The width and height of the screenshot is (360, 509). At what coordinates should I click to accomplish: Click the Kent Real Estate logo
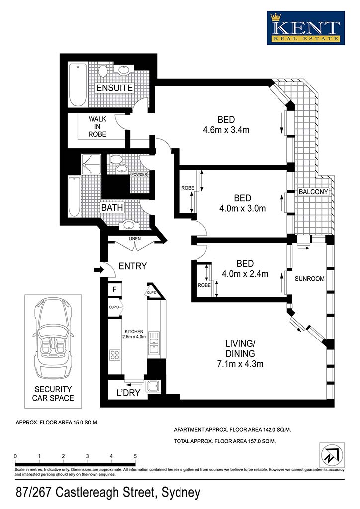[305, 28]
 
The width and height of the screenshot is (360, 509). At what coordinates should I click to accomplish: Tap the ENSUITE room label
[114, 87]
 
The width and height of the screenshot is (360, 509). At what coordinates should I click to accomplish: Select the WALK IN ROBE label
[97, 127]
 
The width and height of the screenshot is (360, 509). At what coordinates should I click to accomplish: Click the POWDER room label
[139, 175]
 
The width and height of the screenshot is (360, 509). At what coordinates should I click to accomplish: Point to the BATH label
[112, 207]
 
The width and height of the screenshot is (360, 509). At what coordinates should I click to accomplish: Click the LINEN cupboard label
[135, 238]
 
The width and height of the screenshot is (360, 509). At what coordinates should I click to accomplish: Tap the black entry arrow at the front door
[98, 269]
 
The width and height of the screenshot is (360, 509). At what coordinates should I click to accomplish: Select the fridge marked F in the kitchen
[114, 290]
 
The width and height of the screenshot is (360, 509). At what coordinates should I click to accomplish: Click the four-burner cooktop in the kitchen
[114, 354]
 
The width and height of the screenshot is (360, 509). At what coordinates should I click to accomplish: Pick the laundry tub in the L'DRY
[153, 386]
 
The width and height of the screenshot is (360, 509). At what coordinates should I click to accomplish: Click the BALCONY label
[313, 192]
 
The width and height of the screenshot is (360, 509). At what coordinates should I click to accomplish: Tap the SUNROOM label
[309, 278]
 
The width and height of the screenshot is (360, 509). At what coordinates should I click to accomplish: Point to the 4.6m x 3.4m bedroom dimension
[226, 130]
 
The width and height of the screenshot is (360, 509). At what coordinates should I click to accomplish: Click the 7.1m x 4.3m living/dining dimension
[240, 364]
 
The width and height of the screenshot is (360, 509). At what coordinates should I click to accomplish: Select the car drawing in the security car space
[53, 339]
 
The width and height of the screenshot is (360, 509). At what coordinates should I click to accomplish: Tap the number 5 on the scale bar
[135, 456]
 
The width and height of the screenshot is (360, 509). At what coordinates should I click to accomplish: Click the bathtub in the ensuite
[78, 85]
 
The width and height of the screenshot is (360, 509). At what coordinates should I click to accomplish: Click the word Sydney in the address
[181, 493]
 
